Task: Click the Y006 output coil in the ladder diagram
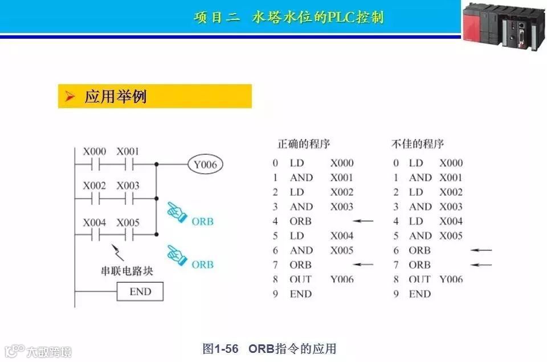click(x=205, y=165)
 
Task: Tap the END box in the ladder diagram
click(x=140, y=292)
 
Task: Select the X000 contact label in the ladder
click(x=95, y=152)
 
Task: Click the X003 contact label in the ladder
click(x=128, y=186)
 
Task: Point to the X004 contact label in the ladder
click(x=95, y=223)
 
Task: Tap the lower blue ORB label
click(x=202, y=265)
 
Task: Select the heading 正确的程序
click(x=304, y=143)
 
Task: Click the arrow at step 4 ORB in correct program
click(x=362, y=221)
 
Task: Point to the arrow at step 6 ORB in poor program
click(x=481, y=250)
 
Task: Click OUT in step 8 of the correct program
click(x=301, y=279)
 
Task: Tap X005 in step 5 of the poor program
click(x=451, y=236)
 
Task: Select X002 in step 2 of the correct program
click(x=342, y=192)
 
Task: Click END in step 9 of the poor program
click(x=420, y=294)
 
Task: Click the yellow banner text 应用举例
click(x=116, y=97)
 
